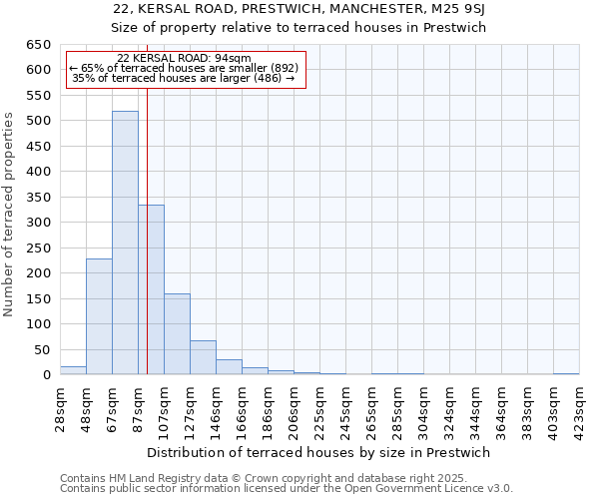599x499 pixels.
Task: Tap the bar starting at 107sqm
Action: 177,334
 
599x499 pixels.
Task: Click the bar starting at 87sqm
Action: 151,289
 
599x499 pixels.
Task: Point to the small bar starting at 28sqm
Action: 73,370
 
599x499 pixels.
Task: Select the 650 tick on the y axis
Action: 38,45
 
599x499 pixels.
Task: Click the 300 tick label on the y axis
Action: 38,223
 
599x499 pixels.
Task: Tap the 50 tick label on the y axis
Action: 42,349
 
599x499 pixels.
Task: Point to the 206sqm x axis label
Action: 294,409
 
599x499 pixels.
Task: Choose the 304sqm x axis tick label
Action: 423,409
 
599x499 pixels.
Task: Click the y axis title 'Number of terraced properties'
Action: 10,215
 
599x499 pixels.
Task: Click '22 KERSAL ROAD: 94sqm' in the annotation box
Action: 184,58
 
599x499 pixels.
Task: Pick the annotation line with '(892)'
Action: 184,67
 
